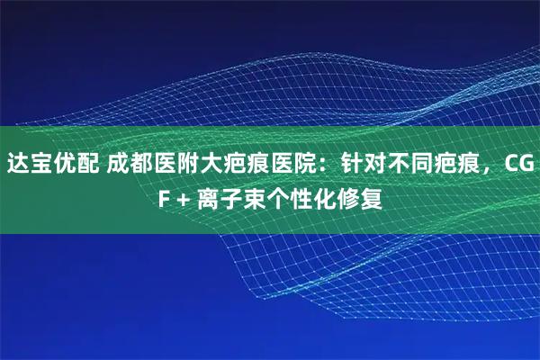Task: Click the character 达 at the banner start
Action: [18, 166]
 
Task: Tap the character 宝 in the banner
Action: [41, 166]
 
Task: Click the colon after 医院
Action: [326, 166]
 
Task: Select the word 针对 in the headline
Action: [364, 166]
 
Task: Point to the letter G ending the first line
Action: [524, 166]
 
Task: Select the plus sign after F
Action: [186, 197]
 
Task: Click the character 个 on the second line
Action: [283, 197]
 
